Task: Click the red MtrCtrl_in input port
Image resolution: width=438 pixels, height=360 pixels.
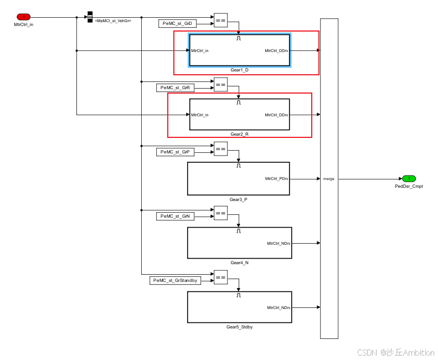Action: [x=23, y=17]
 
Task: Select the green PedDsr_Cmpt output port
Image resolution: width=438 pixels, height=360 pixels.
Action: [x=409, y=178]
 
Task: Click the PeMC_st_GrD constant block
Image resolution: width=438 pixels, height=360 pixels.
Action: [x=177, y=23]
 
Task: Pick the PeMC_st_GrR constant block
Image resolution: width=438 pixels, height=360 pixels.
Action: [x=175, y=88]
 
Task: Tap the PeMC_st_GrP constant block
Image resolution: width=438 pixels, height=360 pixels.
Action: [x=175, y=152]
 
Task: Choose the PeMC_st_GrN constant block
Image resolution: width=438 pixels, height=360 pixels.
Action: [x=175, y=216]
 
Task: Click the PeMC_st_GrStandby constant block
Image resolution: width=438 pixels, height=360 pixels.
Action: [x=175, y=280]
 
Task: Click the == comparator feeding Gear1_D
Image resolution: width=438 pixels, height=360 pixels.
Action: [x=220, y=20]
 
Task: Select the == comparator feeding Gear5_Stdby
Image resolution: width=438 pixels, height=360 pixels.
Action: [x=220, y=277]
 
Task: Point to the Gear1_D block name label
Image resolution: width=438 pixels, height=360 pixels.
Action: [x=239, y=70]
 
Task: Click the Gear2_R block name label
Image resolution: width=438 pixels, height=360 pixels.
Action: [x=239, y=134]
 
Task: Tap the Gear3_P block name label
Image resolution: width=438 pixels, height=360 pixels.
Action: [x=239, y=199]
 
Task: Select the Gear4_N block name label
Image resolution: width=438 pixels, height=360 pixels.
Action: [x=239, y=263]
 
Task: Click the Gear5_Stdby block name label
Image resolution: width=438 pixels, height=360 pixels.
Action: [x=239, y=327]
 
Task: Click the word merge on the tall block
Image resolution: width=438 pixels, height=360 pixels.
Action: [x=328, y=179]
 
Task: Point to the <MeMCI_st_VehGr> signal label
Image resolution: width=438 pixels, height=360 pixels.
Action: [x=113, y=21]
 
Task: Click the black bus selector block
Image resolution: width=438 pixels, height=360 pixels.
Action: [x=90, y=17]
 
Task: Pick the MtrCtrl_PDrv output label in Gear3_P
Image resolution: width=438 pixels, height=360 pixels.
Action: [x=277, y=179]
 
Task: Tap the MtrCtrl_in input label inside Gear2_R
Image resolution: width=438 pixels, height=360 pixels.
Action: [x=200, y=115]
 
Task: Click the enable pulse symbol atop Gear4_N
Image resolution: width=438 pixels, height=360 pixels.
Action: [x=239, y=231]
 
